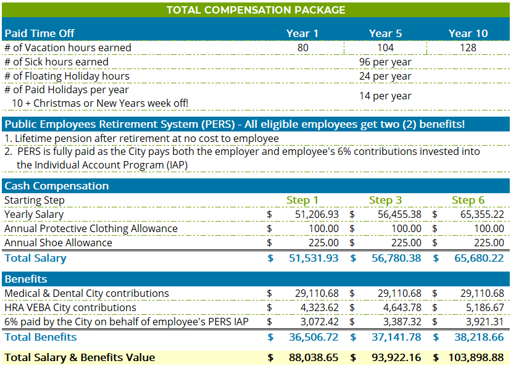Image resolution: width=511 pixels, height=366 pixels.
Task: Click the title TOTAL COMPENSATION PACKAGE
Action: click(x=255, y=10)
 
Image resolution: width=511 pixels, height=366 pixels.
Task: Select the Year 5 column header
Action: click(x=385, y=33)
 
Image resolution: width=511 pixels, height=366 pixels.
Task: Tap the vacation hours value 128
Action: click(x=468, y=48)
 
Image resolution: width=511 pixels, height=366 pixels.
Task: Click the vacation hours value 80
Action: click(x=302, y=48)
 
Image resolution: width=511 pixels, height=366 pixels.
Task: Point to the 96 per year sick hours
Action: click(x=385, y=62)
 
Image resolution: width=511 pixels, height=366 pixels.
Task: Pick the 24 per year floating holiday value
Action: click(x=385, y=76)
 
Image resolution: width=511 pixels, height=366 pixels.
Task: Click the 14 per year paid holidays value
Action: click(x=385, y=96)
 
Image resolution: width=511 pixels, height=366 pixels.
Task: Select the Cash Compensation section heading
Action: click(x=56, y=186)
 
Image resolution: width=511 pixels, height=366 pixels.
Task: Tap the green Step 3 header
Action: click(x=385, y=200)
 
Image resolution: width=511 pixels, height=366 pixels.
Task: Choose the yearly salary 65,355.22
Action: click(x=479, y=214)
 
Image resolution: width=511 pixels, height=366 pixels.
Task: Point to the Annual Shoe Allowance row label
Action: click(x=59, y=243)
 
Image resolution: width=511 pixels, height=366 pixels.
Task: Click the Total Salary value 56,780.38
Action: click(x=396, y=258)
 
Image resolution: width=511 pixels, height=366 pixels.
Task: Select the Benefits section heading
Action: click(x=26, y=279)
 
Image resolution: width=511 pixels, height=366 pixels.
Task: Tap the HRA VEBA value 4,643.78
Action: click(x=399, y=307)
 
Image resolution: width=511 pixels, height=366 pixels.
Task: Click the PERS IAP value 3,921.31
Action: click(x=482, y=322)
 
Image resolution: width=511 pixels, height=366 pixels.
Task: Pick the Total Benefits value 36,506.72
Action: click(x=314, y=337)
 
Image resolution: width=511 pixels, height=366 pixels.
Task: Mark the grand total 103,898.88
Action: click(x=473, y=357)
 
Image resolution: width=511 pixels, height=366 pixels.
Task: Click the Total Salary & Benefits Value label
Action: click(x=80, y=357)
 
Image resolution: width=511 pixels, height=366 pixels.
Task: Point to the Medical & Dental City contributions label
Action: click(x=86, y=293)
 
